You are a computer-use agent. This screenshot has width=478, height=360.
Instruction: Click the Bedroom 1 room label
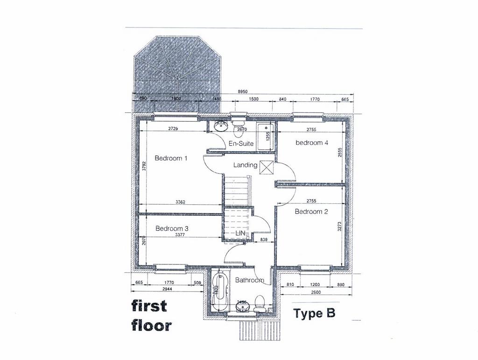171,158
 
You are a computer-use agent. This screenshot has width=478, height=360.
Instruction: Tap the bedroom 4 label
312,143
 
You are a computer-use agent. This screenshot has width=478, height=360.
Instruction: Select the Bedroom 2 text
311,211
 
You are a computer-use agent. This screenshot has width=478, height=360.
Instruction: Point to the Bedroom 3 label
172,228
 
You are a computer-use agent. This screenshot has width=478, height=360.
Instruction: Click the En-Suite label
240,144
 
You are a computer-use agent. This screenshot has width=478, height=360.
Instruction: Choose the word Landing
245,165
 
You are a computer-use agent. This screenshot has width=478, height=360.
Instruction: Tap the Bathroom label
249,280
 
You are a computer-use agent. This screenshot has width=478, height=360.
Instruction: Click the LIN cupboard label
241,233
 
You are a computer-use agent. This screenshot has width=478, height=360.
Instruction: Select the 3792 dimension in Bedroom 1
144,167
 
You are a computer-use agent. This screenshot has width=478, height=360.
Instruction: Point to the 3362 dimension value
182,202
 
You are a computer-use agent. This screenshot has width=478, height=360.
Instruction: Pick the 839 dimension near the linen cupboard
264,239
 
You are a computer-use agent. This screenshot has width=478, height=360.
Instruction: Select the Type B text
314,313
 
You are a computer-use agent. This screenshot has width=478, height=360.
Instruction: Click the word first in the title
149,306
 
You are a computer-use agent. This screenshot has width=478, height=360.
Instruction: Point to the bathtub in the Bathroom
219,291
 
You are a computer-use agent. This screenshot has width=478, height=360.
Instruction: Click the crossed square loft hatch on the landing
267,166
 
